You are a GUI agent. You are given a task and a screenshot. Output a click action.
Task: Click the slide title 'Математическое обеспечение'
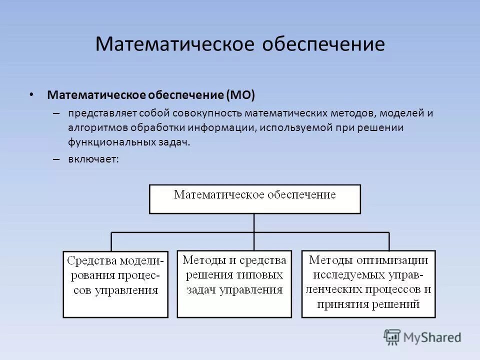[240, 44]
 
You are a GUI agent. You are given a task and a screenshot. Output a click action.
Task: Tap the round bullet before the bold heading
[32, 94]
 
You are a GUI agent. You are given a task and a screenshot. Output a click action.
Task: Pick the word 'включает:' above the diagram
[94, 159]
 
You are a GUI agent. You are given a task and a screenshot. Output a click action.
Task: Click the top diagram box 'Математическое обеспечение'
[254, 199]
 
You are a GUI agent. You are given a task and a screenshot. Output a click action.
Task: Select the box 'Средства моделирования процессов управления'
[115, 283]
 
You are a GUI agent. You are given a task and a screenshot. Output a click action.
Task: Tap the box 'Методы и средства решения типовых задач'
[234, 283]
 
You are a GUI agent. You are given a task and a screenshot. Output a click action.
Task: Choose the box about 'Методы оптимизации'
[368, 283]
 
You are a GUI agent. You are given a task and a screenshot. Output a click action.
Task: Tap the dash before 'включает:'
[56, 159]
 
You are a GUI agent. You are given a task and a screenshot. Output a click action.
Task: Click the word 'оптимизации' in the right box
[398, 260]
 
